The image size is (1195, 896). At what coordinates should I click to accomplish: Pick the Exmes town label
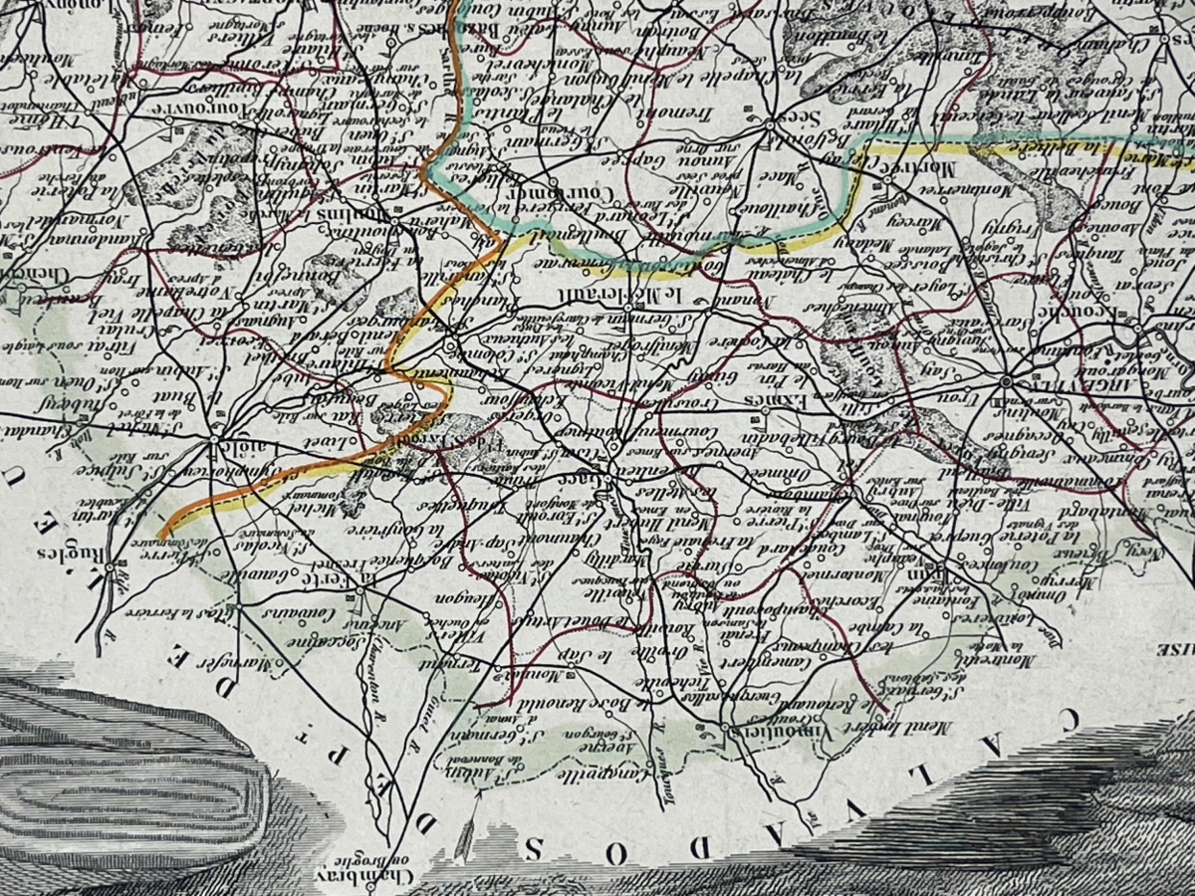767,399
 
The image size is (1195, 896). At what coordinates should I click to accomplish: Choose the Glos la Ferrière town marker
240,603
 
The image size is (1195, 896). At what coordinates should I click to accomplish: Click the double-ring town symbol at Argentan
1007,381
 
